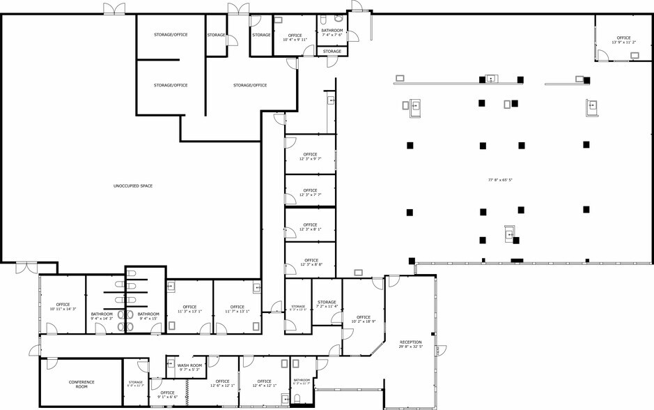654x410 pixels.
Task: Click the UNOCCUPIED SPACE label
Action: tap(132, 186)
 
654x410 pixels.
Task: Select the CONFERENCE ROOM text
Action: tap(81, 384)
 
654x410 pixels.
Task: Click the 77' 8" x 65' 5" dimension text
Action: tap(500, 180)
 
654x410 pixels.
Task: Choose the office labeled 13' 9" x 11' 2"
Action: tap(623, 40)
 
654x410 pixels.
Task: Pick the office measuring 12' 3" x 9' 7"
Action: tap(310, 157)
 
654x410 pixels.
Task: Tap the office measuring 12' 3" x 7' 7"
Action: tap(310, 192)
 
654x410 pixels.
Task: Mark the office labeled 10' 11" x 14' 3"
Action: tap(63, 307)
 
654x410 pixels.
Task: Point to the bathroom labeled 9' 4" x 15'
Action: tap(148, 316)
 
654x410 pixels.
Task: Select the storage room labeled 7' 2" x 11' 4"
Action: tap(327, 304)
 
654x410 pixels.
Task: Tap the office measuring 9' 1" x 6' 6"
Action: tap(167, 395)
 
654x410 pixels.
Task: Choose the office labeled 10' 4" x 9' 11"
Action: tap(295, 38)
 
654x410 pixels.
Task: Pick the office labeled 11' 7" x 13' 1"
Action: tap(237, 309)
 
